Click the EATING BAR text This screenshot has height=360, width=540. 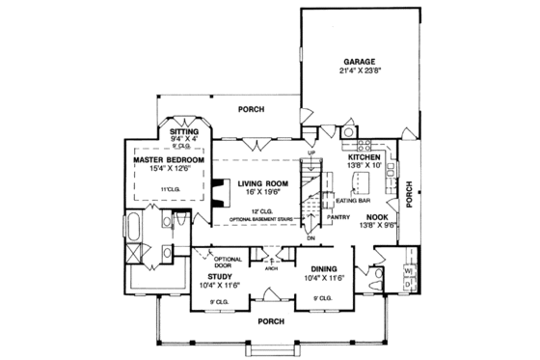tap(349, 203)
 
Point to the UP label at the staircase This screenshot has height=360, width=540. tap(310, 152)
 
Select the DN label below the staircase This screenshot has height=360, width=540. tap(310, 237)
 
